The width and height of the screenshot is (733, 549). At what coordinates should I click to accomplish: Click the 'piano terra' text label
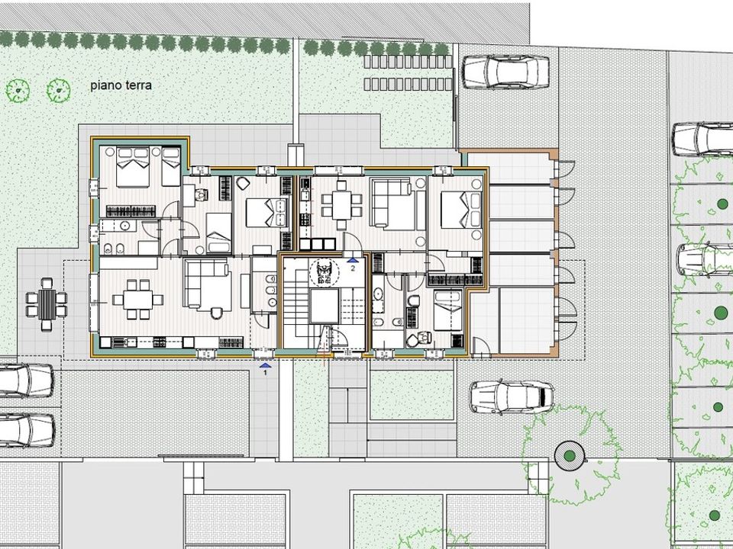(x=121, y=86)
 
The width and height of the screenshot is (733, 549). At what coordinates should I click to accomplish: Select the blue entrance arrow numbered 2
(x=353, y=260)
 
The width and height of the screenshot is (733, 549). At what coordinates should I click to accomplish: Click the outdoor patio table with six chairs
(x=47, y=304)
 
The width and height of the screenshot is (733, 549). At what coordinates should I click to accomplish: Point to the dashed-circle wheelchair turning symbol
(x=324, y=273)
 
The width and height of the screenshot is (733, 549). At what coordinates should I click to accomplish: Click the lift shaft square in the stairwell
(x=324, y=307)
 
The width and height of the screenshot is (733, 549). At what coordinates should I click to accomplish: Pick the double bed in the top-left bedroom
(x=133, y=167)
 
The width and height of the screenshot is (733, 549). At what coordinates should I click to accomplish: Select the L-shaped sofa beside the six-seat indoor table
(x=208, y=284)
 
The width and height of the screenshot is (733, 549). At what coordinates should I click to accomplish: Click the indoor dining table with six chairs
(x=138, y=299)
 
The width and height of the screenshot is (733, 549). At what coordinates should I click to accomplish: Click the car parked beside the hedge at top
(x=505, y=72)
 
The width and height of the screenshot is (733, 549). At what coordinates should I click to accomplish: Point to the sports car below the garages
(x=512, y=396)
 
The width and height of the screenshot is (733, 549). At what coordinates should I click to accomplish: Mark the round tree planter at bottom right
(x=570, y=455)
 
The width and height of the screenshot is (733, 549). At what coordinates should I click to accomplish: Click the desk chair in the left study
(x=202, y=193)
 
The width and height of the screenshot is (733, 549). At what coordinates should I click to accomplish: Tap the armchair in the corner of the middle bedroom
(x=243, y=184)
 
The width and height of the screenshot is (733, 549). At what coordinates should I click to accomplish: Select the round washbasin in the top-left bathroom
(x=124, y=226)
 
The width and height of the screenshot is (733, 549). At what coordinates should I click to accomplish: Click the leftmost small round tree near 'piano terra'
(x=18, y=90)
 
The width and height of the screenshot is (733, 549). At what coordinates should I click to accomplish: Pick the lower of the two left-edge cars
(x=27, y=429)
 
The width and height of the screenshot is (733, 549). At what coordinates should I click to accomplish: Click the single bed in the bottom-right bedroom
(x=448, y=310)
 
